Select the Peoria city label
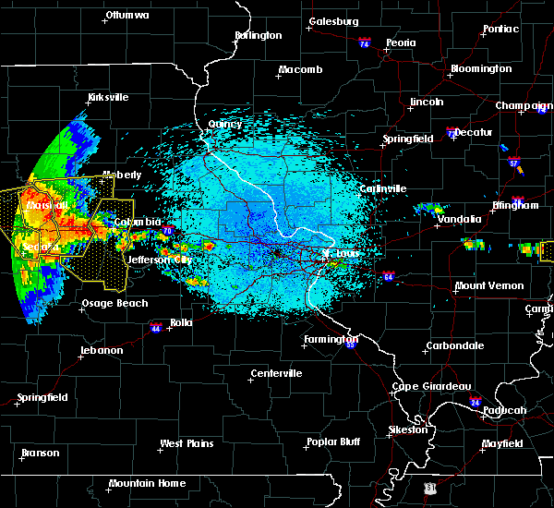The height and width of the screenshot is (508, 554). coord(400,42)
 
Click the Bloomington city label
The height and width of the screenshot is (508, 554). coord(480,69)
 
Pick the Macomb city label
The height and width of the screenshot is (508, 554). coord(301,70)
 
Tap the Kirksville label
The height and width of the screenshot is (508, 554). coord(107,97)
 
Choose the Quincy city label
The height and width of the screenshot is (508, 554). coord(224,125)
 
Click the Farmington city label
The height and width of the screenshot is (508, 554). coord(331,340)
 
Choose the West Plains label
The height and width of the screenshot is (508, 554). coord(187,444)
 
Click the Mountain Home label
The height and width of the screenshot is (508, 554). coord(146,484)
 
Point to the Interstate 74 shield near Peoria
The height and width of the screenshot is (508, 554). coord(365,43)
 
